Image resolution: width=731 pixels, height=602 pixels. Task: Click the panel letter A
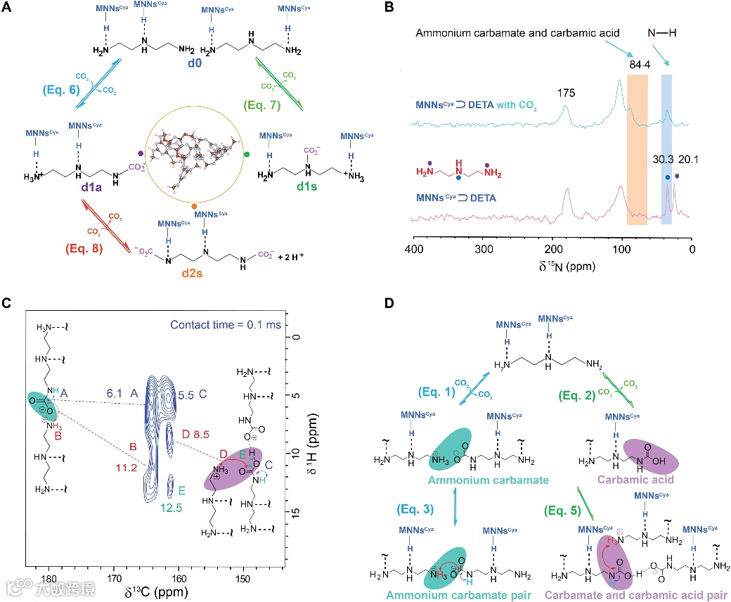[x=8, y=9]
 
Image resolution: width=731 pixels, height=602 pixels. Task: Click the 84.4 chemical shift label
[x=638, y=66]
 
